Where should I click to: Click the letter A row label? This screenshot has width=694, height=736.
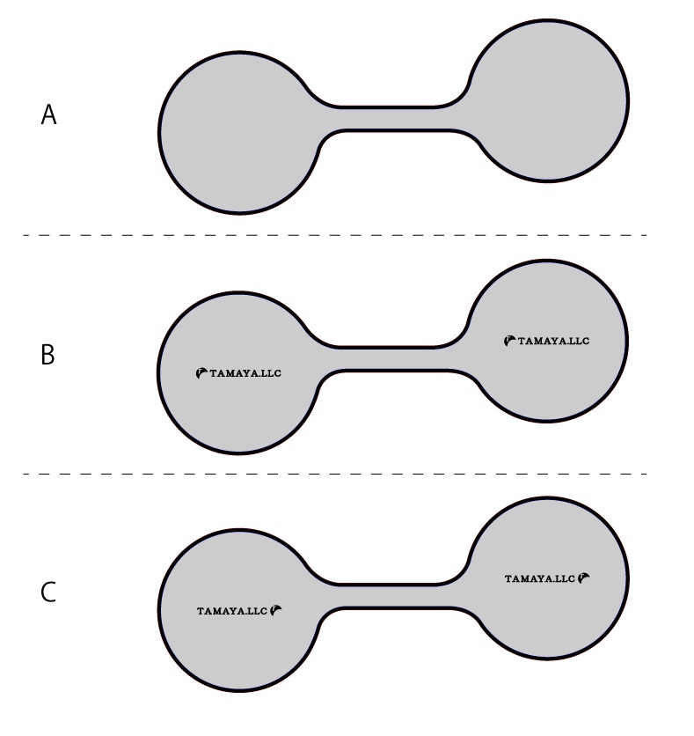point(48,115)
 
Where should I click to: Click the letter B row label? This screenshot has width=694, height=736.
point(47,355)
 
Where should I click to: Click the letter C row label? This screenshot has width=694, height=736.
point(48,592)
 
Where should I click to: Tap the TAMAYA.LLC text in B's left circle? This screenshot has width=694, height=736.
point(245,373)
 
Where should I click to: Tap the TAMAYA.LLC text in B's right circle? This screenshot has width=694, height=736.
point(553,342)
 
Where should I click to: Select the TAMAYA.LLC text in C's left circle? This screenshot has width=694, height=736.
point(232,611)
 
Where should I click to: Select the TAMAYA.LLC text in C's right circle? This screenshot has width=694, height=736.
point(540,578)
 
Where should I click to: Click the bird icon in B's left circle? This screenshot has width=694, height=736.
point(201,373)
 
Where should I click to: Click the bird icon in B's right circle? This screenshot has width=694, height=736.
point(509,341)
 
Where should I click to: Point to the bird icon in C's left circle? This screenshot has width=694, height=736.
point(276,611)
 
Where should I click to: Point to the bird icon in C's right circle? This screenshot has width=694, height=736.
point(584,578)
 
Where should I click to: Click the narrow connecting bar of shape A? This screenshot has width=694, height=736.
point(394,119)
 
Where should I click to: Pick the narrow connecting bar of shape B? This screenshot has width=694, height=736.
point(394,359)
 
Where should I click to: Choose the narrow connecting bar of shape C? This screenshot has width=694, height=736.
point(394,597)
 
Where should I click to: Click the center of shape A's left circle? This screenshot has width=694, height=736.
point(239,133)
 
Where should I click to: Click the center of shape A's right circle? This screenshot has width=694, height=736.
point(547,100)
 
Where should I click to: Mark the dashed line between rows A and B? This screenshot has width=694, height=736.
point(335,235)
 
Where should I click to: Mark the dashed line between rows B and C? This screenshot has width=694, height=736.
point(335,474)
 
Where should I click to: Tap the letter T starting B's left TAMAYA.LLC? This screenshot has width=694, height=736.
point(214,373)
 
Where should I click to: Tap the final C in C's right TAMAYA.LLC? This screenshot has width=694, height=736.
point(571,578)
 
